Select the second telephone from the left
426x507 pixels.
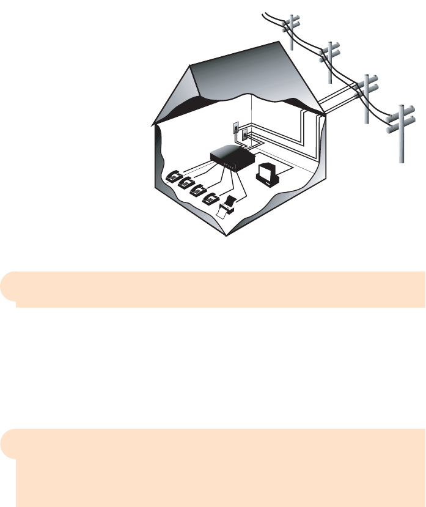click(185, 183)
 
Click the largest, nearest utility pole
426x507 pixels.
click(401, 131)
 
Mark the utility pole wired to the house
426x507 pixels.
click(368, 98)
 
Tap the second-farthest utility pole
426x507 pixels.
click(331, 61)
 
